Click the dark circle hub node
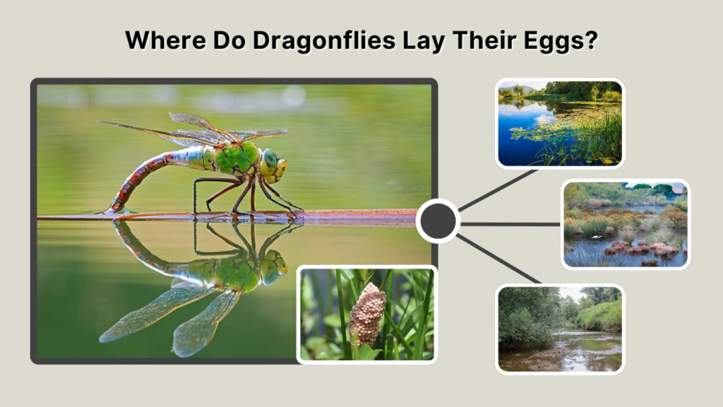coord(438,221)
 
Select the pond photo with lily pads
coord(560,124)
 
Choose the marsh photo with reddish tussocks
coord(626,224)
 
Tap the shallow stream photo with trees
coord(560,329)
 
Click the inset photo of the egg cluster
coord(366,314)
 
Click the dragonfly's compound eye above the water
coord(270,163)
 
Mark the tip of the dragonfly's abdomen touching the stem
coord(112,210)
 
